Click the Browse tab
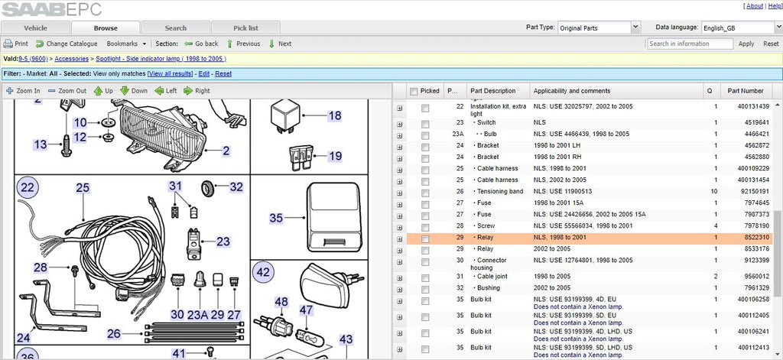(106, 28)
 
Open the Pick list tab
(245, 28)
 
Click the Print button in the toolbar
(16, 44)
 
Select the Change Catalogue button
(67, 44)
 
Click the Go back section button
(201, 44)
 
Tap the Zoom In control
(23, 91)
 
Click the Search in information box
(690, 44)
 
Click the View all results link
(170, 74)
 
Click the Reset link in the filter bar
(223, 74)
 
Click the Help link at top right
(775, 6)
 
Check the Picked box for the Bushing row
(425, 289)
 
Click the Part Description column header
(493, 91)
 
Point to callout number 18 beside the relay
(335, 116)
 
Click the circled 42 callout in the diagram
(263, 273)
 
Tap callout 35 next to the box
(276, 218)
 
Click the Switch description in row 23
(486, 122)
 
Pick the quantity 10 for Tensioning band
(715, 191)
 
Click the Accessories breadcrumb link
(72, 59)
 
